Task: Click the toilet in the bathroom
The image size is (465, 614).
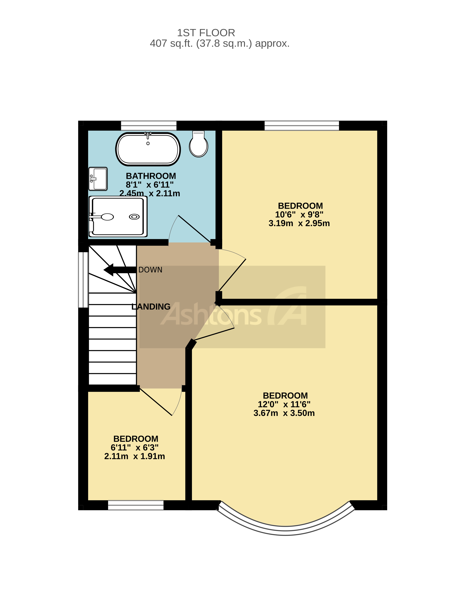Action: [x=199, y=144]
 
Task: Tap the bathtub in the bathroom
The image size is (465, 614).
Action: [x=148, y=149]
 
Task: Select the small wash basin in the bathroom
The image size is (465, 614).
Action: [x=98, y=179]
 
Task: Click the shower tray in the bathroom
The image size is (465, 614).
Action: [x=118, y=217]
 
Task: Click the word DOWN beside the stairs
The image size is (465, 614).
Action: [x=150, y=270]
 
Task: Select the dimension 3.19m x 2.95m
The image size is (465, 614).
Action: [x=299, y=223]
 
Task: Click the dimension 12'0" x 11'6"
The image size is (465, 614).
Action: [x=284, y=404]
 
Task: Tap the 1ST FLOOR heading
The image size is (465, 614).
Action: [x=206, y=33]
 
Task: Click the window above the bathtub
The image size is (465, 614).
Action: [x=148, y=126]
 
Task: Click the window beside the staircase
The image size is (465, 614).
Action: [x=83, y=280]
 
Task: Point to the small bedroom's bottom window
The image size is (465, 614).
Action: [x=136, y=505]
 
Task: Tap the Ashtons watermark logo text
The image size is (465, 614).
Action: [x=211, y=315]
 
